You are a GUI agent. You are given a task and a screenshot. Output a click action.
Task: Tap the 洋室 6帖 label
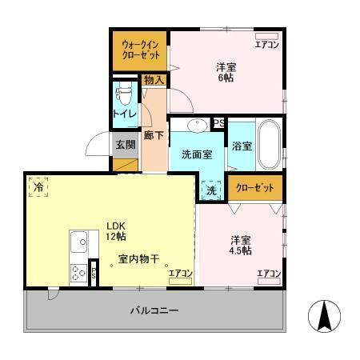click(x=226, y=73)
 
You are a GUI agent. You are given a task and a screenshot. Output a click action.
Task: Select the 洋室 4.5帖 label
click(x=241, y=246)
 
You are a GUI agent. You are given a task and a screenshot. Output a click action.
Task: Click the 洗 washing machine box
click(x=211, y=190)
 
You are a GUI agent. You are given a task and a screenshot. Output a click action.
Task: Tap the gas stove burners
click(x=78, y=273)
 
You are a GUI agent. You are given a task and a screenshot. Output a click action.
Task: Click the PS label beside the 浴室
click(x=218, y=122)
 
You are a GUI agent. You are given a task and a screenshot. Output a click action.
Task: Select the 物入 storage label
click(x=154, y=79)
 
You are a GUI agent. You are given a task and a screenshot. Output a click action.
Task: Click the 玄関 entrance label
click(x=125, y=145)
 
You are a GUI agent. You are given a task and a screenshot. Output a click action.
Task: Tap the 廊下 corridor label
click(x=154, y=135)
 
